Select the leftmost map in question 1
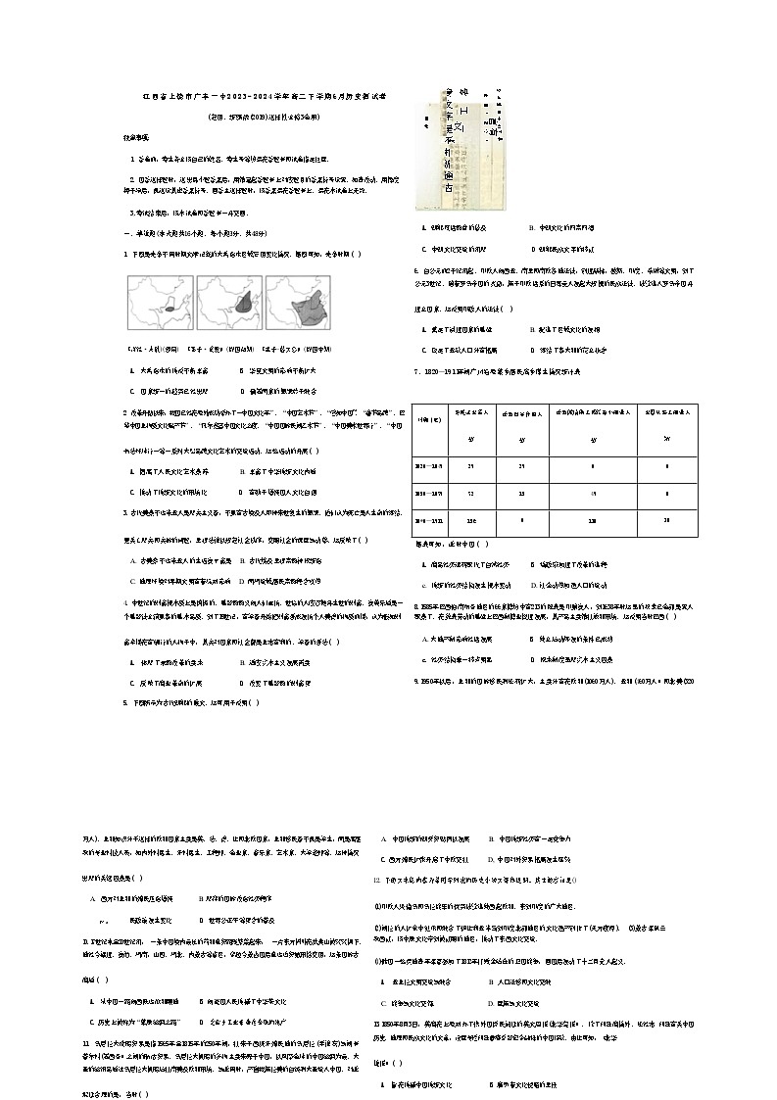[x=160, y=304]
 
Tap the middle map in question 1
[x=228, y=304]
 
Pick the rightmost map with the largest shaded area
[x=298, y=304]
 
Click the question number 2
[x=125, y=413]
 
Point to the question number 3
[x=125, y=511]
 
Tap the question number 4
[x=125, y=601]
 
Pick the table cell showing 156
[x=470, y=521]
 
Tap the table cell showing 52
[x=470, y=494]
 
